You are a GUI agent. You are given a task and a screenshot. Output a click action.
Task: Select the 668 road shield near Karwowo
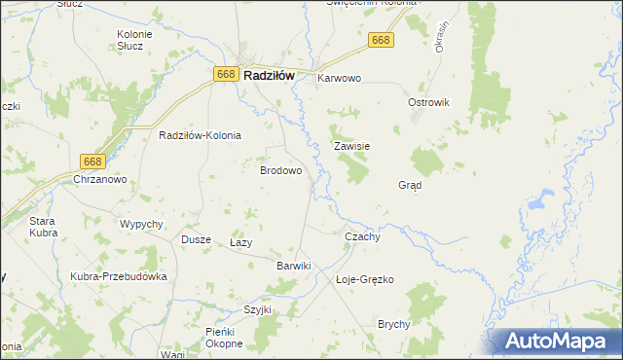(381, 40)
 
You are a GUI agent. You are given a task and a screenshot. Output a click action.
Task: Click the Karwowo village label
(339, 78)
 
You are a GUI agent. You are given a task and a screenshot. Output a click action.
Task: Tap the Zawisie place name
(351, 147)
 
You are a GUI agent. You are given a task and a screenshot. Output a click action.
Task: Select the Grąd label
(410, 185)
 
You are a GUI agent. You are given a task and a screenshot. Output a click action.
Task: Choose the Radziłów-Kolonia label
(200, 136)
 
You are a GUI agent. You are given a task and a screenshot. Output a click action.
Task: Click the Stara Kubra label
(43, 226)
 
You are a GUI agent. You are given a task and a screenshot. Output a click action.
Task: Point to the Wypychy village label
(140, 224)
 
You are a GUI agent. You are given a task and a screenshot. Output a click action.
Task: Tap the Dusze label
(197, 239)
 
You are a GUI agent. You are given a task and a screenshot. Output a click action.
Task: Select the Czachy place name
(362, 236)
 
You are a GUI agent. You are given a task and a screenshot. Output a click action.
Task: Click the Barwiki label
(293, 265)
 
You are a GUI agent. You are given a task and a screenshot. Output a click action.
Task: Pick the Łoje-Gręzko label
(364, 279)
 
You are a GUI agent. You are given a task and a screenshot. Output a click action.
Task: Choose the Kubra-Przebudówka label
(119, 276)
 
